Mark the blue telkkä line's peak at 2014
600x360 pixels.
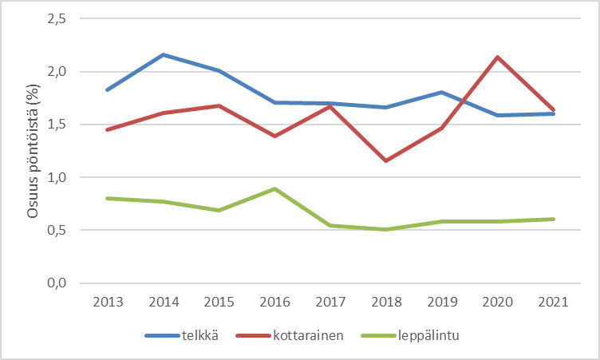click(x=163, y=54)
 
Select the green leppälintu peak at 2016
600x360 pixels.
click(x=275, y=189)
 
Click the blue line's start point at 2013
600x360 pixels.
click(x=106, y=89)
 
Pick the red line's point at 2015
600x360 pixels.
click(x=219, y=105)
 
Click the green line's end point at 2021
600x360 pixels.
click(x=555, y=219)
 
